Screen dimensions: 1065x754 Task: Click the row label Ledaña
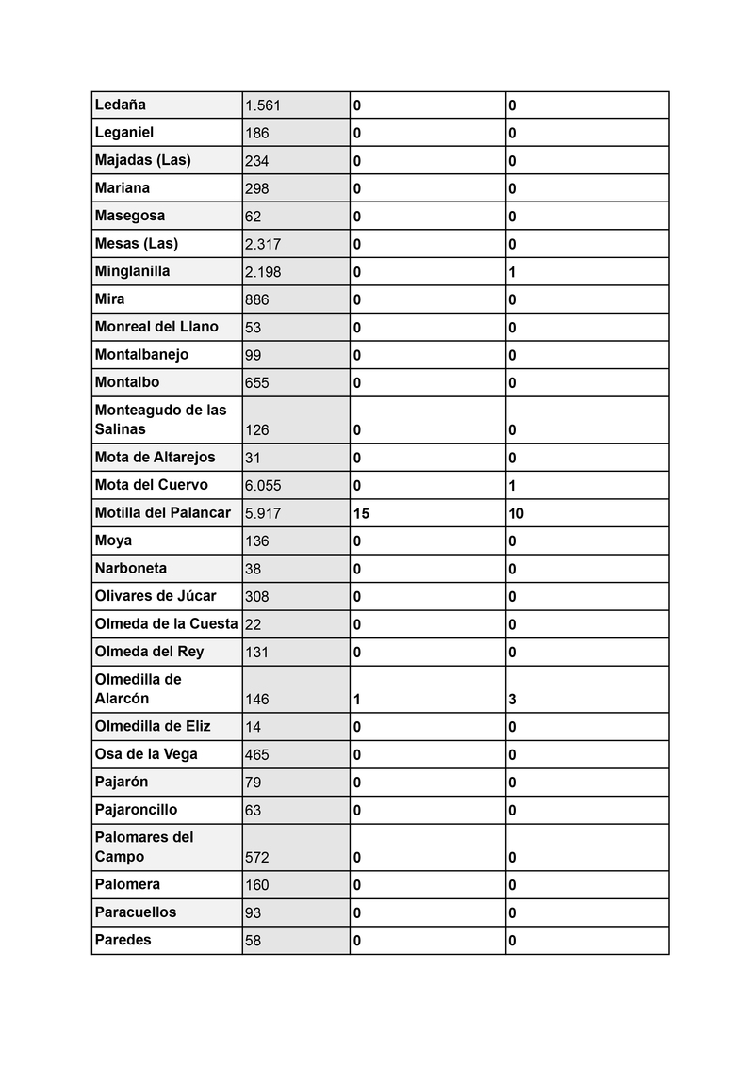click(121, 105)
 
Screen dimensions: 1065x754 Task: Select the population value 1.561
click(262, 105)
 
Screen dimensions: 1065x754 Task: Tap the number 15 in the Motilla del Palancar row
click(361, 513)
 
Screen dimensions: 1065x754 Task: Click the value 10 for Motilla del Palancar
click(516, 513)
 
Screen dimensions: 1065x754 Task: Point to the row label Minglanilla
click(133, 271)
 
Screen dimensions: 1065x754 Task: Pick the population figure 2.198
click(262, 272)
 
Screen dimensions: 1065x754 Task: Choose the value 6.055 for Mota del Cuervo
click(262, 486)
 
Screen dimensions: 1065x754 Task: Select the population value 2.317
click(262, 244)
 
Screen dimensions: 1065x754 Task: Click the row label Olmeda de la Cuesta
click(166, 623)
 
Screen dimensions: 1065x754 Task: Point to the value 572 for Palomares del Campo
click(256, 857)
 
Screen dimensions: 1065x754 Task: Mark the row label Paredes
click(123, 939)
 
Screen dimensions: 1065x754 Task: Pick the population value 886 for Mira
click(256, 299)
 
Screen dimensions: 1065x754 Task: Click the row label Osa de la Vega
click(146, 753)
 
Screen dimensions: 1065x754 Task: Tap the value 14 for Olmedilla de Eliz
click(253, 727)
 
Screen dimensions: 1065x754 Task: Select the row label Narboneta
click(131, 568)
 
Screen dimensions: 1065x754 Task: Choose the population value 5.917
click(262, 513)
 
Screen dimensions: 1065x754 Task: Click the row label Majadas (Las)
click(142, 160)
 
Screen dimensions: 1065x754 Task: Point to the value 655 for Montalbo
click(256, 383)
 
